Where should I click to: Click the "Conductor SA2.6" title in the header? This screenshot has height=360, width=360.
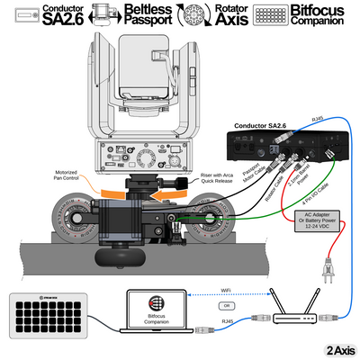pos(65,14)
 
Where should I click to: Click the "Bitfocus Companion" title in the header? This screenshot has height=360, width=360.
pos(325,14)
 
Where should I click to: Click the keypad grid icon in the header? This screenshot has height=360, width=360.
pos(276,14)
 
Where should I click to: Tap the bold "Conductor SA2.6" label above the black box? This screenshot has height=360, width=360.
pos(261,126)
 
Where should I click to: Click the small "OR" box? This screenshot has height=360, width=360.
pos(225,305)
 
